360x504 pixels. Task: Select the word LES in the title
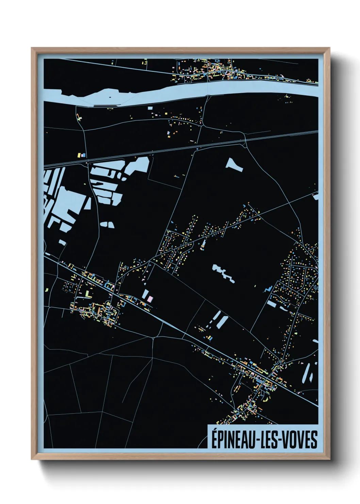tap(271, 439)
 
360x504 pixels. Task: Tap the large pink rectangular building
tap(150, 299)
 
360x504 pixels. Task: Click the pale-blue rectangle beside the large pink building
tap(145, 294)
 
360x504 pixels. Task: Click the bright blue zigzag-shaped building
tap(268, 289)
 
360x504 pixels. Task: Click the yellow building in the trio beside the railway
tap(79, 155)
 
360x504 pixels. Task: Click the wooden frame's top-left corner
tap(32, 48)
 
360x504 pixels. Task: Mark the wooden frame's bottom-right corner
tap(330, 459)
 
